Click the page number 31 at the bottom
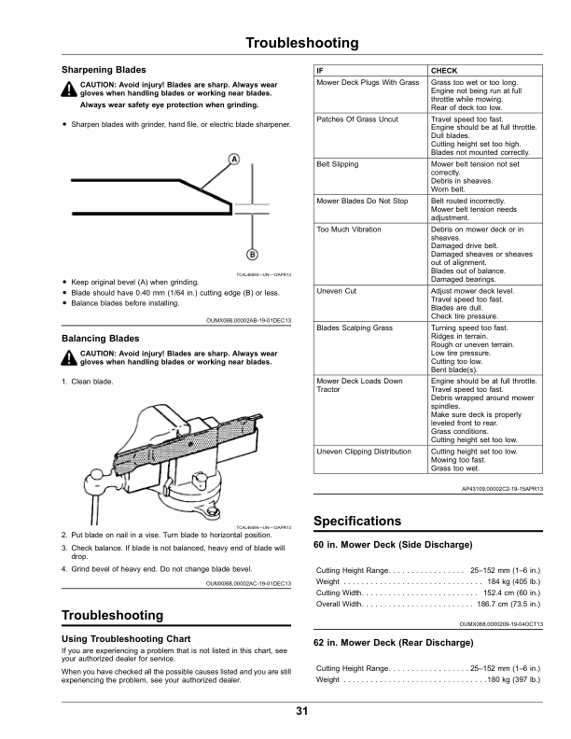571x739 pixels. [301, 712]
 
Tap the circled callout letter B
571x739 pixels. [252, 256]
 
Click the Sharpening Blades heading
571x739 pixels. [104, 70]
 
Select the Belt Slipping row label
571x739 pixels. [338, 163]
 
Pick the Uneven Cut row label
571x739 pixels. [337, 291]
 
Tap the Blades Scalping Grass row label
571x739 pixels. [355, 328]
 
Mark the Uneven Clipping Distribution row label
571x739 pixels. [364, 451]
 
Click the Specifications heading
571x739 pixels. [357, 521]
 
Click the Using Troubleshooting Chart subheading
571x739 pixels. [126, 638]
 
